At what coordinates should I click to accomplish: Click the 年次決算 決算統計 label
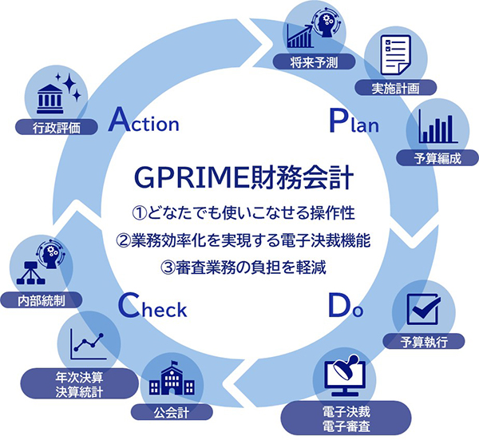click(78, 384)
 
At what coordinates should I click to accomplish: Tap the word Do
click(345, 307)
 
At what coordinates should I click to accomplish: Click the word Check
click(152, 307)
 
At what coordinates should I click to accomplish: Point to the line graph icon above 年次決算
click(87, 341)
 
